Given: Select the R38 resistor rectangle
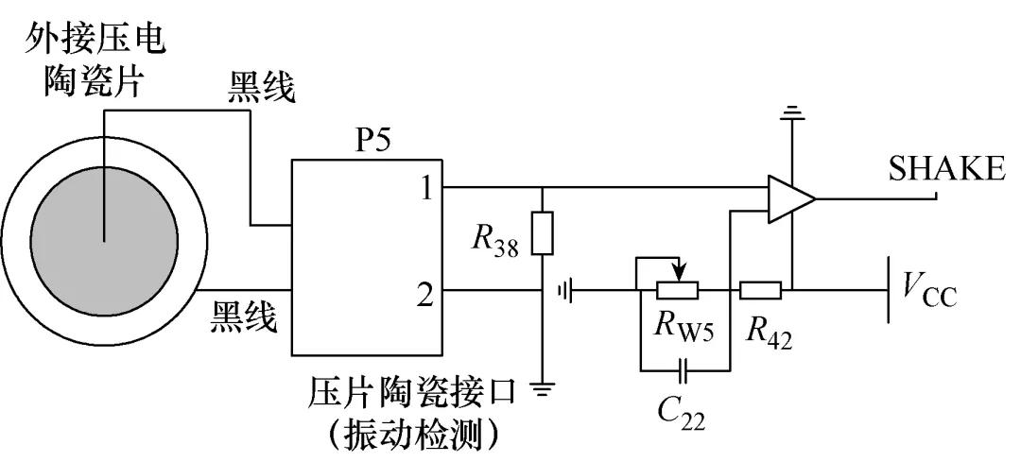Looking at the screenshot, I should [x=541, y=233].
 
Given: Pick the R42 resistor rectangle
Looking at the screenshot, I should [x=760, y=290].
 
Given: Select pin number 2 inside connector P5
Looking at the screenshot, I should [x=425, y=295].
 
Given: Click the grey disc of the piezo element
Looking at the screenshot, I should [x=104, y=236].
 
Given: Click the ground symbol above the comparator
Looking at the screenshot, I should [x=791, y=117].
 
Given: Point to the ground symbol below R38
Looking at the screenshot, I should [x=542, y=387].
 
